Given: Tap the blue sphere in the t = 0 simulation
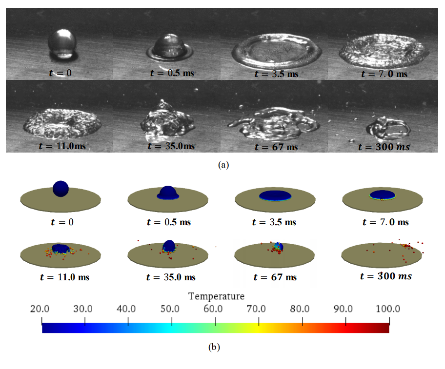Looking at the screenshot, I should (61, 188).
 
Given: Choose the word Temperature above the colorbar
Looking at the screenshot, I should (216, 296).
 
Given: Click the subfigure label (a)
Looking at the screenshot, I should (223, 165).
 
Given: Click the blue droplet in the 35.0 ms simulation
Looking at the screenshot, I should (168, 246).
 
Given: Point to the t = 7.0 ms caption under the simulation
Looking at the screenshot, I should (384, 222).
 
